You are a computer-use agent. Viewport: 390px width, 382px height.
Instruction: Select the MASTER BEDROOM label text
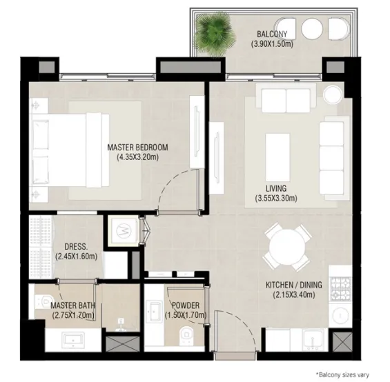137,148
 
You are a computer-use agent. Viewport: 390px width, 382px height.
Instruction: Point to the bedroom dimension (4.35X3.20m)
137,157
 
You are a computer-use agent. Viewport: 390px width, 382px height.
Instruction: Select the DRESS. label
75,246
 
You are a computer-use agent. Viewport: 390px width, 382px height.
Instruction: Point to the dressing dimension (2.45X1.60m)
75,257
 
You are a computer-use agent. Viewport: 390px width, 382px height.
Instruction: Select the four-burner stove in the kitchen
340,285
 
